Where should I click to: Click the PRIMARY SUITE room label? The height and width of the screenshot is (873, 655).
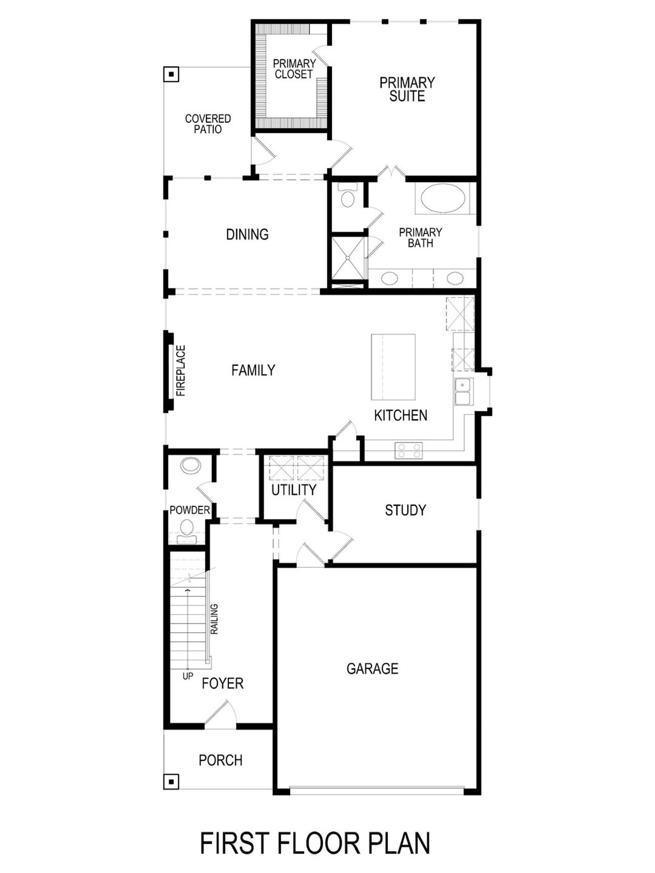click(407, 89)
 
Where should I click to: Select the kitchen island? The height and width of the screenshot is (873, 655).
click(393, 367)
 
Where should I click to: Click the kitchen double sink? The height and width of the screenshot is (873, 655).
click(463, 391)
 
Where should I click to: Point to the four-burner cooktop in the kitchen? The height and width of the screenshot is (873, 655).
click(409, 451)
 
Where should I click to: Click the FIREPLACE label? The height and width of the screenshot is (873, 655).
click(181, 371)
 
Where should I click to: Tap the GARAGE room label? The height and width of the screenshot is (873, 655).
click(372, 668)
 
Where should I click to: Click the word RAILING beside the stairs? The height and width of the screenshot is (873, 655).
click(214, 619)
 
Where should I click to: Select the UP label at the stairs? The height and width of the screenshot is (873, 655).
click(188, 676)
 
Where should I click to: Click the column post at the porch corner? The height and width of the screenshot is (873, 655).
click(171, 781)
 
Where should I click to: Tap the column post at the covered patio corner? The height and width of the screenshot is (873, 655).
click(172, 75)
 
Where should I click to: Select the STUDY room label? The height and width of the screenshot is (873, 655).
click(405, 510)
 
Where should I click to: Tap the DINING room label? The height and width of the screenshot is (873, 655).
click(247, 234)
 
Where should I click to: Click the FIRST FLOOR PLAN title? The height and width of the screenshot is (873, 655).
click(315, 843)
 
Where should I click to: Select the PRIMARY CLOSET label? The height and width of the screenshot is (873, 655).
click(294, 69)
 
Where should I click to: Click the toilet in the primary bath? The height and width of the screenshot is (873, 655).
click(348, 197)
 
